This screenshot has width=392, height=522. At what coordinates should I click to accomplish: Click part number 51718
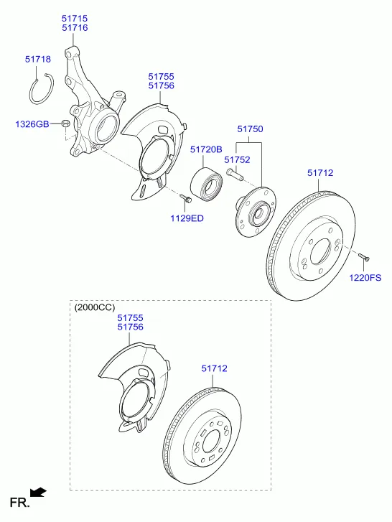tap(38, 60)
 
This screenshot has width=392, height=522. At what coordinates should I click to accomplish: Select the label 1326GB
tap(32, 124)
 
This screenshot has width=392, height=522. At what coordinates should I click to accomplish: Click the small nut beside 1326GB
tap(65, 123)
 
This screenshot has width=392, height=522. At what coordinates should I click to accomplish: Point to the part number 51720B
tap(206, 149)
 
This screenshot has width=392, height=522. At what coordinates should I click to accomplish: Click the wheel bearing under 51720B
tap(207, 185)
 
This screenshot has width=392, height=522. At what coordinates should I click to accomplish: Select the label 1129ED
tap(187, 218)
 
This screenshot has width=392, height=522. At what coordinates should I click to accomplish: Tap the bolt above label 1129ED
tap(186, 198)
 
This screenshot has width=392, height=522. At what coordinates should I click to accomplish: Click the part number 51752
tap(237, 160)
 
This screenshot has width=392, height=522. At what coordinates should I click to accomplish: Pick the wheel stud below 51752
tap(235, 174)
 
